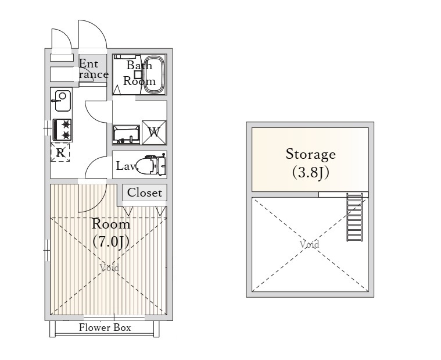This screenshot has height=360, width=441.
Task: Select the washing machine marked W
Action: [x=154, y=132]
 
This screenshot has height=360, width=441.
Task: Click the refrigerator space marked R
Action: [x=60, y=152]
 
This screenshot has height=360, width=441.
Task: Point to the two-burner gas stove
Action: [x=62, y=130]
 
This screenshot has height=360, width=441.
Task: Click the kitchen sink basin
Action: [x=62, y=101]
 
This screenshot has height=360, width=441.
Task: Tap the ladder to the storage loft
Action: [x=354, y=217]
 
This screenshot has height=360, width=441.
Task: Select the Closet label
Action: [x=145, y=193]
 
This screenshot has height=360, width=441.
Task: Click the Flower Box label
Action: [x=105, y=327]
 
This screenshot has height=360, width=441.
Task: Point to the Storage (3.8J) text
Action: [x=310, y=163]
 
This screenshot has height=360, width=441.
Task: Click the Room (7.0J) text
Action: [x=111, y=233]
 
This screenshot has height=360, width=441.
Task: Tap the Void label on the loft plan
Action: [x=309, y=244]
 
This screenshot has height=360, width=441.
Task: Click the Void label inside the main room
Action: [x=109, y=268]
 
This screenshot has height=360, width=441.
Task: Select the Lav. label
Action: [x=126, y=166]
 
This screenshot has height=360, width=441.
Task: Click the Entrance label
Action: [x=94, y=69]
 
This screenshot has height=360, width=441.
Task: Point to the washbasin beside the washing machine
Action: [x=126, y=134]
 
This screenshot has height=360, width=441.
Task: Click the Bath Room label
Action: [x=139, y=73]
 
